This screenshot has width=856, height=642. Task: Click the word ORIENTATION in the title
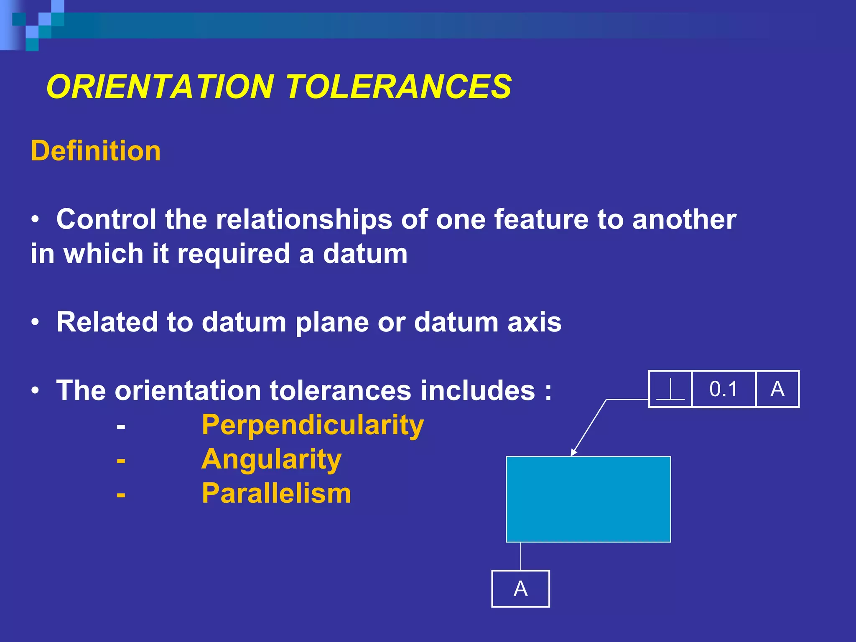(x=160, y=87)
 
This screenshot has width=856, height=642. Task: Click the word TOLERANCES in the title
(x=398, y=87)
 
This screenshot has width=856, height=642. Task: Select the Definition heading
(x=96, y=151)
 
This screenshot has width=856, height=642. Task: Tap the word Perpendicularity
(x=313, y=425)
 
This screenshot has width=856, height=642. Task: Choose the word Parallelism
(x=276, y=494)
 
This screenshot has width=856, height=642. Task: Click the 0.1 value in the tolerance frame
(x=724, y=389)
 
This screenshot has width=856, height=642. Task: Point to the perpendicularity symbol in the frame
(x=670, y=390)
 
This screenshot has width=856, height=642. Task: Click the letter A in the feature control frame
(x=777, y=389)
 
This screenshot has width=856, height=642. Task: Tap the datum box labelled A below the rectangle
(x=520, y=588)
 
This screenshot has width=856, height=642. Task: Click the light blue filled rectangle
(x=588, y=499)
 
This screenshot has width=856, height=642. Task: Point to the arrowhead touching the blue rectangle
(x=573, y=453)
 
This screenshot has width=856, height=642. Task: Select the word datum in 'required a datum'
(x=365, y=254)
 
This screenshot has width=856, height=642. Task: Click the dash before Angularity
(x=121, y=461)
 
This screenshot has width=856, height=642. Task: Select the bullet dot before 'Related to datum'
(x=36, y=322)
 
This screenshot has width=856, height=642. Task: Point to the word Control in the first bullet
(x=106, y=220)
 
